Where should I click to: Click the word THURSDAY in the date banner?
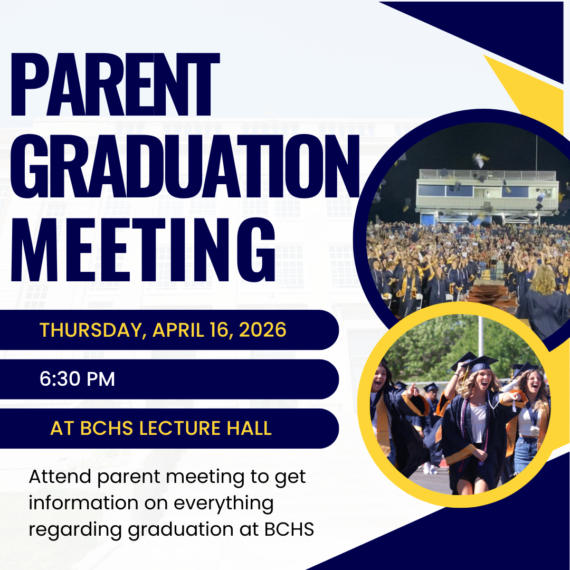pyautogui.click(x=91, y=330)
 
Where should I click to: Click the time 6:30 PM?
pyautogui.click(x=77, y=379)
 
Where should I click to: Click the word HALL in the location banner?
pyautogui.click(x=251, y=428)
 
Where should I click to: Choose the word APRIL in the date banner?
pyautogui.click(x=178, y=330)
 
